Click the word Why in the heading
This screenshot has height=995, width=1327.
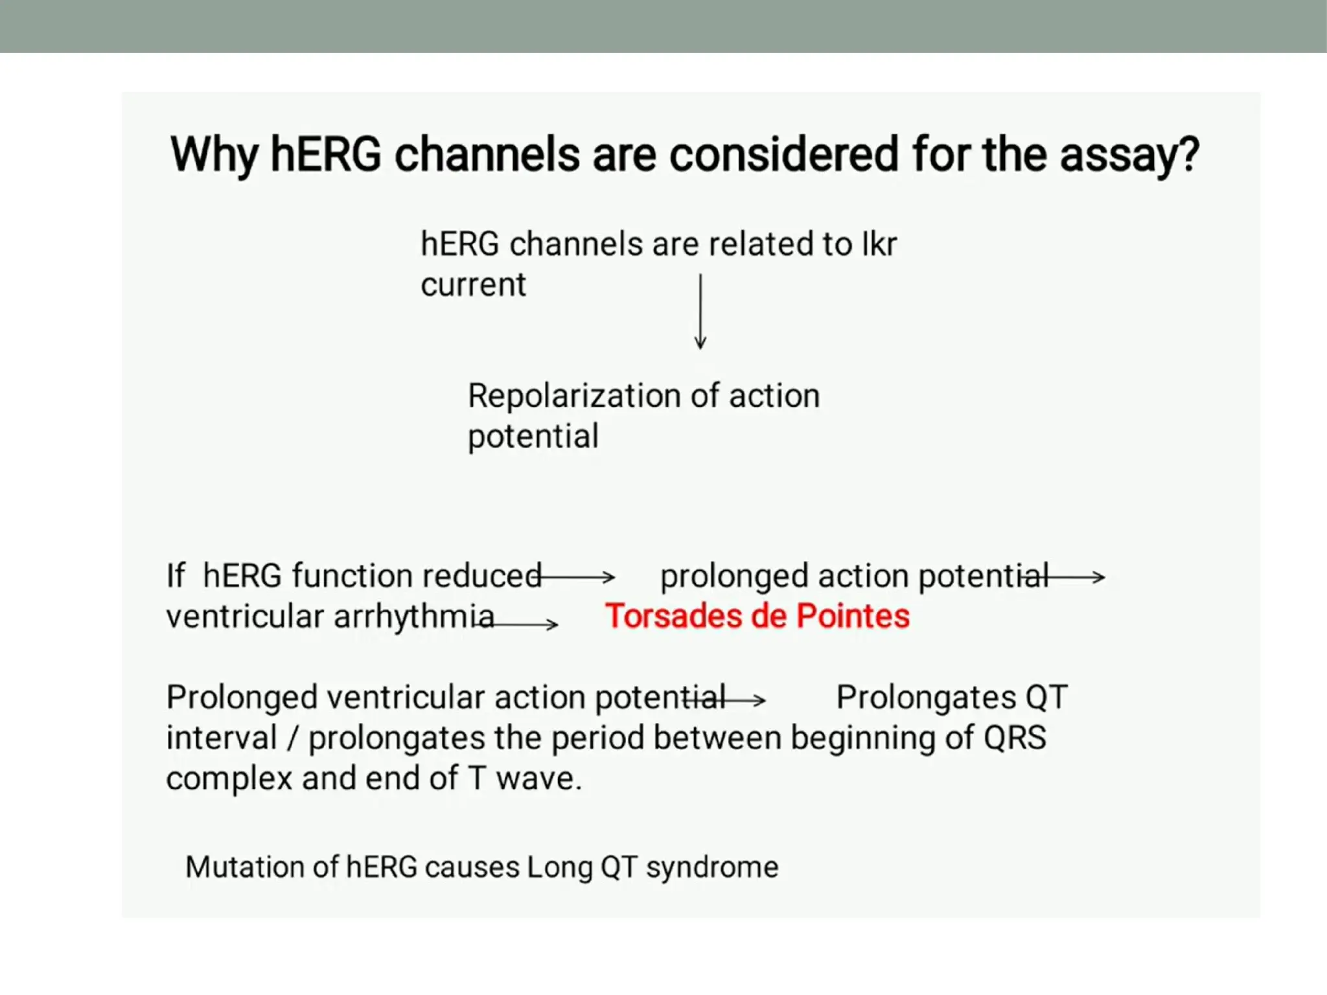coord(214,155)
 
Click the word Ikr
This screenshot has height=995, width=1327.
coord(879,244)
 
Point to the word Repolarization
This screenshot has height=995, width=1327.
coord(573,396)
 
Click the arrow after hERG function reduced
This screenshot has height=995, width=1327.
coord(577,576)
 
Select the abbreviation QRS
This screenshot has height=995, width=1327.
coord(1015,738)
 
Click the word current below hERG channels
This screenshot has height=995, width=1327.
coord(473,285)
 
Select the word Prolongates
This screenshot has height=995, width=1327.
coord(926,698)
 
